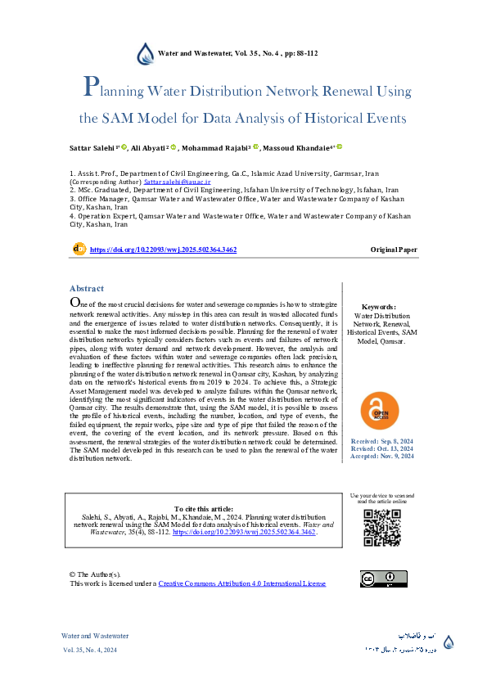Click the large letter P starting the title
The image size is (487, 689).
pyautogui.click(x=92, y=88)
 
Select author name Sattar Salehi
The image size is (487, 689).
pyautogui.click(x=92, y=148)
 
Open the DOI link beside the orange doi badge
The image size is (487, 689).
pyautogui.click(x=163, y=249)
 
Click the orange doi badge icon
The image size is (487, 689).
pyautogui.click(x=79, y=248)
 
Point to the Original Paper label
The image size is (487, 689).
pyautogui.click(x=394, y=249)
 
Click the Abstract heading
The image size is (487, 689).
pyautogui.click(x=87, y=289)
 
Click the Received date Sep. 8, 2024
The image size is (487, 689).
pyautogui.click(x=381, y=440)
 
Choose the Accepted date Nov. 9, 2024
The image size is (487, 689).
pyautogui.click(x=381, y=456)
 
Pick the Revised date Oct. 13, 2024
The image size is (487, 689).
pyautogui.click(x=381, y=448)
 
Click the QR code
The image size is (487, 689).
pyautogui.click(x=381, y=528)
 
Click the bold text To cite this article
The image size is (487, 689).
pyautogui.click(x=205, y=509)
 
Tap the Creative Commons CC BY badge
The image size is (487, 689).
pyautogui.click(x=383, y=579)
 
